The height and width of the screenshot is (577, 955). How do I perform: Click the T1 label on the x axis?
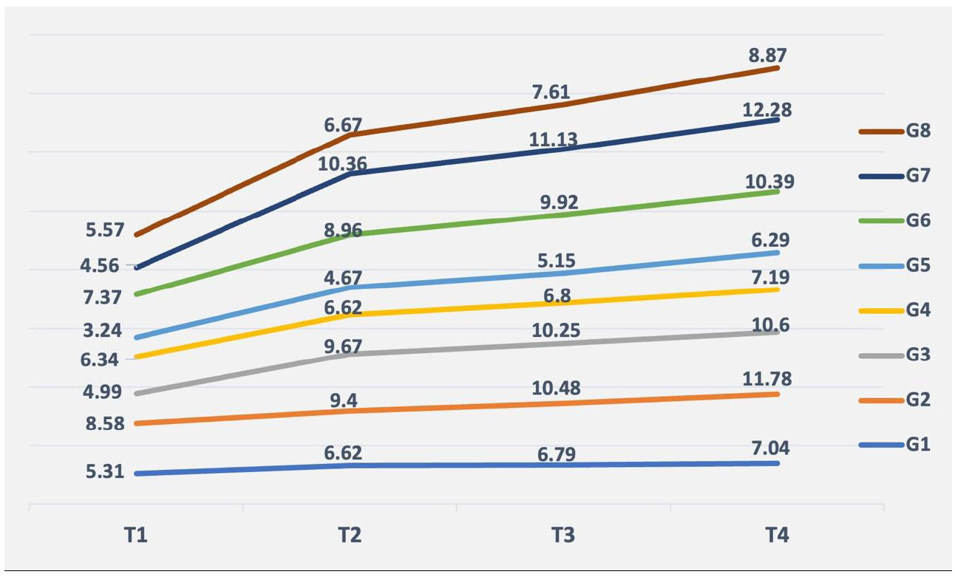[x=135, y=536]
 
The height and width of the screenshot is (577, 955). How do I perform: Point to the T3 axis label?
[x=563, y=536]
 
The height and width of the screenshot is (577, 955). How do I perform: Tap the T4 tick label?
[x=777, y=536]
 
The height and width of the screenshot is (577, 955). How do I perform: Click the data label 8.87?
[x=767, y=54]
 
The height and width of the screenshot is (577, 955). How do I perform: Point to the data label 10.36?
[x=342, y=163]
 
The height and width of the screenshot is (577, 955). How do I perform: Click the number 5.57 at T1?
[x=106, y=230]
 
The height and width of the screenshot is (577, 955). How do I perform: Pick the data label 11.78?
[x=767, y=380]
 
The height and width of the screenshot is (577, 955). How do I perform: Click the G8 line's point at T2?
[x=350, y=135]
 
